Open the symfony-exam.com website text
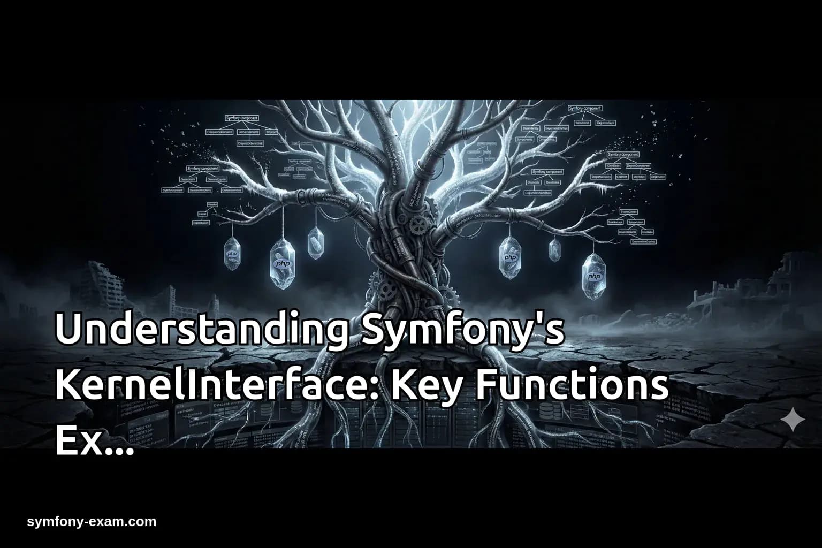click(x=92, y=521)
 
